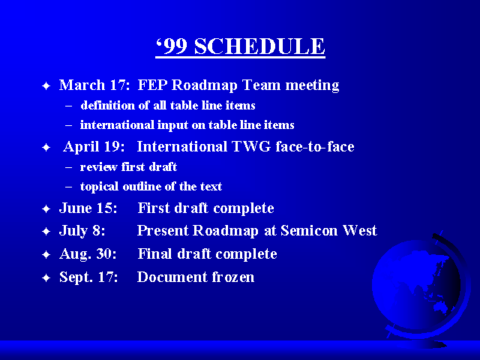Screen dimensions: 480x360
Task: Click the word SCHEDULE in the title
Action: tap(259, 46)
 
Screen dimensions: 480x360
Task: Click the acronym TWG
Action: tap(251, 146)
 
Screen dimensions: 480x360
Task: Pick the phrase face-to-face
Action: tap(315, 146)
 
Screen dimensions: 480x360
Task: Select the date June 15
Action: tap(88, 208)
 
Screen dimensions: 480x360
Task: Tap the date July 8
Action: tap(82, 231)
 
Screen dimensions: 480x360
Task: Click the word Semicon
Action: tap(309, 230)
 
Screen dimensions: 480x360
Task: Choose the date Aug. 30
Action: tap(88, 254)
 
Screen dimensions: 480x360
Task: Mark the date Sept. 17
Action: tap(88, 277)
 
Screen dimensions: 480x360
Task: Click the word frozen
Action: tap(233, 277)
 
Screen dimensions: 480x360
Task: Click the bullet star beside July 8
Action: tap(46, 232)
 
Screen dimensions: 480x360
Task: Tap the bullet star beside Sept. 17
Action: tap(46, 278)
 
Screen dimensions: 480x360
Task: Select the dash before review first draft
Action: tap(68, 167)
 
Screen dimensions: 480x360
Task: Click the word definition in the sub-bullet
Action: tap(107, 105)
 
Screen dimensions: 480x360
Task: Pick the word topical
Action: tap(99, 187)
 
